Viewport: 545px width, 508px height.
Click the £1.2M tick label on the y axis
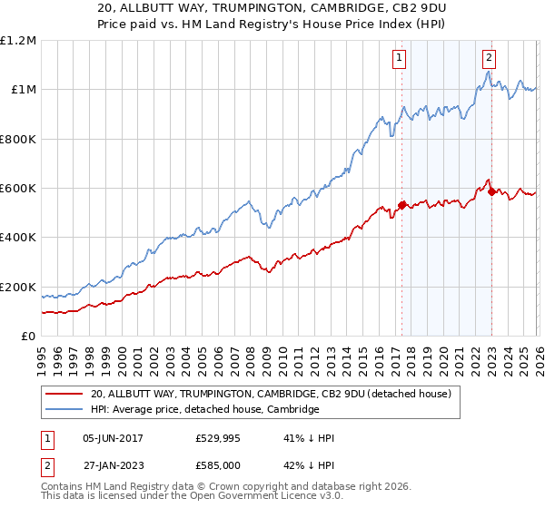18,41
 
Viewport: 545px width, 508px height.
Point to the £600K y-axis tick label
18,189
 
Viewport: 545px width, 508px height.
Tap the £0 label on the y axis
29,337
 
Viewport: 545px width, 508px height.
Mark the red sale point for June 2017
401,205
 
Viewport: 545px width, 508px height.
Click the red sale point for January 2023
491,191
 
